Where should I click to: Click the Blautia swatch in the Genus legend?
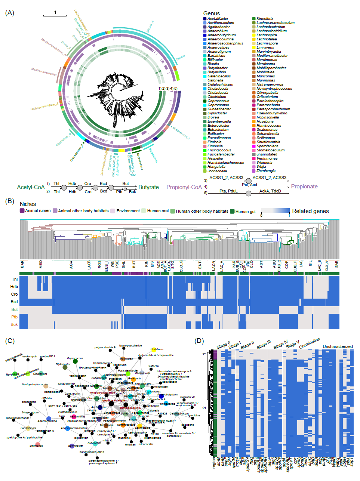(x=205, y=64)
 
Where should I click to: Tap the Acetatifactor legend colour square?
(x=205, y=19)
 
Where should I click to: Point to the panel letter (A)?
(x=10, y=13)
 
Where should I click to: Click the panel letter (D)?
(x=199, y=341)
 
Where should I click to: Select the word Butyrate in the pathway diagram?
(x=148, y=187)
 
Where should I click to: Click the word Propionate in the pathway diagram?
(x=304, y=186)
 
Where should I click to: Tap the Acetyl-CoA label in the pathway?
(x=31, y=187)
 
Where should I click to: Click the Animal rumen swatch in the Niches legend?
(x=22, y=211)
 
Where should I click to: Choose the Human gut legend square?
(x=232, y=211)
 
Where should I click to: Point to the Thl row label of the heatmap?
(x=15, y=279)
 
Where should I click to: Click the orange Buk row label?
(x=14, y=324)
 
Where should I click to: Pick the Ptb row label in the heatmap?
(x=14, y=317)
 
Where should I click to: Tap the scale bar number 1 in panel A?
(x=55, y=12)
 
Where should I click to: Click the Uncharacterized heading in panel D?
(x=338, y=346)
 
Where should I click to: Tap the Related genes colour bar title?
(x=310, y=211)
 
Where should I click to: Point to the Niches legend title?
(x=28, y=204)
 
